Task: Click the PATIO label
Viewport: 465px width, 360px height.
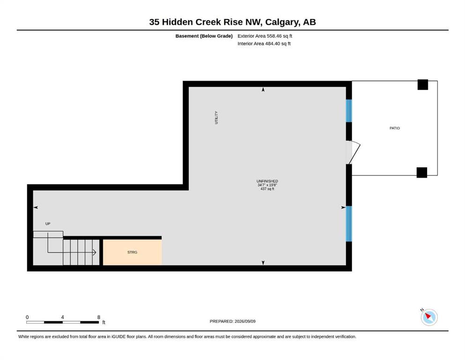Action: click(x=394, y=128)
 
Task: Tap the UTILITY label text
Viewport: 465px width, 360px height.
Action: click(x=216, y=118)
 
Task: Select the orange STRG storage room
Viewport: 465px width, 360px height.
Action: click(x=132, y=252)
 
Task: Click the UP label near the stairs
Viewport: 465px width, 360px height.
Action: click(x=48, y=224)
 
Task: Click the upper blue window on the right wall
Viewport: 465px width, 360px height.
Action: click(x=349, y=111)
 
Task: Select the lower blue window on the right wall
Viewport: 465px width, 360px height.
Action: click(x=349, y=224)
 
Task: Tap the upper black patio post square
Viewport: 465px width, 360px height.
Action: click(x=423, y=84)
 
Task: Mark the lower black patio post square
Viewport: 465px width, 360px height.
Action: click(x=422, y=172)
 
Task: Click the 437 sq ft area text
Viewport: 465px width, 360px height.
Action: click(x=267, y=189)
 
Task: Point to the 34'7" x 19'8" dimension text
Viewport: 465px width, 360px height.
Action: click(x=267, y=185)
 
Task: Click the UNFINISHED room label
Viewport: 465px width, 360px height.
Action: click(x=267, y=181)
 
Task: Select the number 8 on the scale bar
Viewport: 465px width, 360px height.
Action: click(x=99, y=317)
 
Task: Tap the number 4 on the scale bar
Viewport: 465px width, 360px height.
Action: click(x=62, y=317)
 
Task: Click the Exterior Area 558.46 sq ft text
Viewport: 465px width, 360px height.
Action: click(x=265, y=36)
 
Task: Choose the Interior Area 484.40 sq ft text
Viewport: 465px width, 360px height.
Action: click(x=264, y=44)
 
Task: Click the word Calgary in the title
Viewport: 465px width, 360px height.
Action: click(x=282, y=22)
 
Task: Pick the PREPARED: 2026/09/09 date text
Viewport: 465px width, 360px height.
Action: click(x=232, y=321)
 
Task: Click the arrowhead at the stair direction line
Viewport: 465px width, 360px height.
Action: click(x=95, y=253)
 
